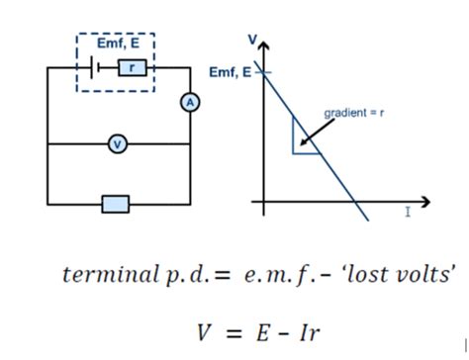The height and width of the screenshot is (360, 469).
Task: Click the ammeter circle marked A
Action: click(x=189, y=102)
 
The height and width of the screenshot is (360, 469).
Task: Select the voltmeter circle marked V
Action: click(x=118, y=144)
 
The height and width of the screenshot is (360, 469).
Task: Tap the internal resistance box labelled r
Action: click(x=132, y=67)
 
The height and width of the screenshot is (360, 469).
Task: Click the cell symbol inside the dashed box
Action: click(x=91, y=67)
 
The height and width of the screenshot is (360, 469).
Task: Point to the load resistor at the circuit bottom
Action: click(x=116, y=204)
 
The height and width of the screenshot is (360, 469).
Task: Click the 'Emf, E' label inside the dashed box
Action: click(x=118, y=44)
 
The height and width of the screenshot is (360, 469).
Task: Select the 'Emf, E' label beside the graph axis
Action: click(x=231, y=72)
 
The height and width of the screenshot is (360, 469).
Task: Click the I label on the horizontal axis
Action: click(x=408, y=214)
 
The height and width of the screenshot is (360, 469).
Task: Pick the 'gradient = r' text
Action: click(x=354, y=113)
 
